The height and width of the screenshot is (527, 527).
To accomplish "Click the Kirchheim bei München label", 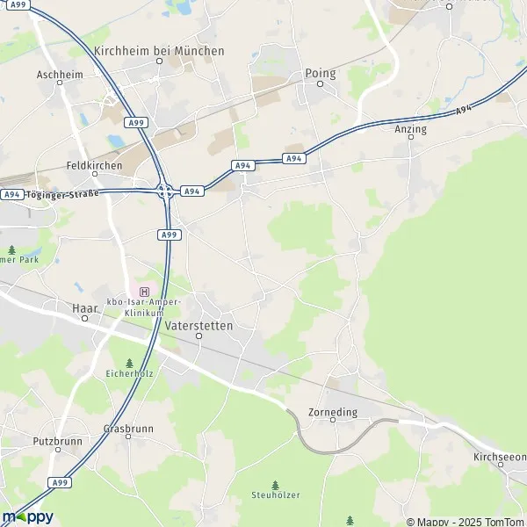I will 159,52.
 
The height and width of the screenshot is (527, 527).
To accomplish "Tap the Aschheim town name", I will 61,75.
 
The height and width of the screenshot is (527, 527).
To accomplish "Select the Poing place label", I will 321,73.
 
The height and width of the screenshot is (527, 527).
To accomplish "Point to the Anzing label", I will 411,129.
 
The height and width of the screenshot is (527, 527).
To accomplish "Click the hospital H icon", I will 144,291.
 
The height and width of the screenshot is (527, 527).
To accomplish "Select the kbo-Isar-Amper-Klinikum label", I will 144,307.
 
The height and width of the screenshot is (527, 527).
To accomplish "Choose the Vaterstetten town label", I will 199,325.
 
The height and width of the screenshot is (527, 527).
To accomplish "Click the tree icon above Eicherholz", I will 129,363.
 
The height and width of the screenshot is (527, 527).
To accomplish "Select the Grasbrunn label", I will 128,430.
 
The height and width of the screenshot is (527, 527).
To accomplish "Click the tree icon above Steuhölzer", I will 275,484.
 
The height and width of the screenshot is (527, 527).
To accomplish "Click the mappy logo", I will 27,516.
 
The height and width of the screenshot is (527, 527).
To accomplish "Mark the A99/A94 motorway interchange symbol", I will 164,190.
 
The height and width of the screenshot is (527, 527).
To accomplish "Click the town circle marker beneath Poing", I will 321,84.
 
